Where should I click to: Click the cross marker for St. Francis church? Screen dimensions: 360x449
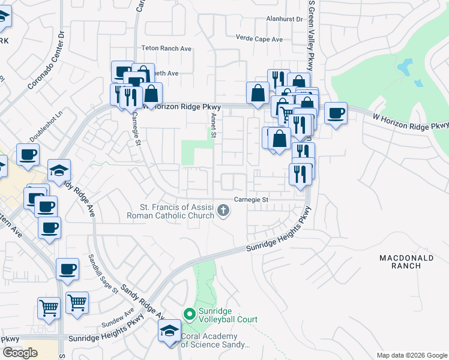pyautogui.click(x=223, y=210)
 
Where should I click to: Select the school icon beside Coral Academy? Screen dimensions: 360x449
pyautogui.click(x=169, y=331)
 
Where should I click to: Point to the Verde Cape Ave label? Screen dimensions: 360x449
pyautogui.click(x=259, y=39)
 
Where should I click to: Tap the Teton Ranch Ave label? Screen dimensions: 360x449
pyautogui.click(x=166, y=48)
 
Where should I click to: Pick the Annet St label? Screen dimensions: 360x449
pyautogui.click(x=213, y=126)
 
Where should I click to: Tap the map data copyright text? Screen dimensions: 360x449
pyautogui.click(x=412, y=355)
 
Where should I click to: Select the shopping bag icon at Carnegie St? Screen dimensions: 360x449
pyautogui.click(x=152, y=94)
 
